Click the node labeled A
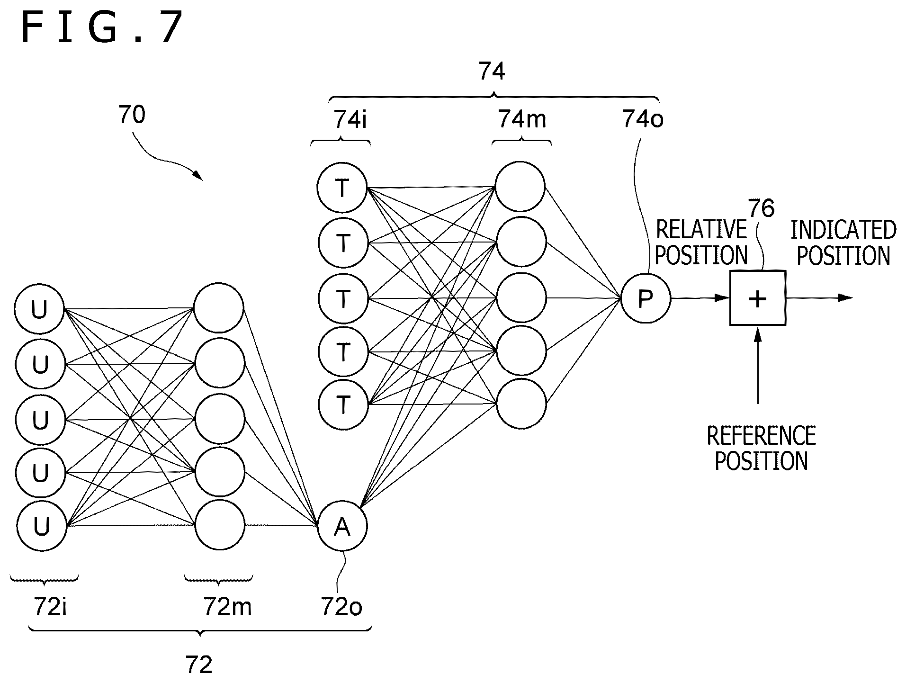click(x=342, y=526)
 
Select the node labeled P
click(x=646, y=298)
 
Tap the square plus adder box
click(x=758, y=298)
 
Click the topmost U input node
click(x=39, y=309)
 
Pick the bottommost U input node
click(x=41, y=526)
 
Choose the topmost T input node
click(x=342, y=188)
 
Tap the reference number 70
click(x=132, y=115)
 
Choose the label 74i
click(x=350, y=120)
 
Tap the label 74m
click(x=522, y=120)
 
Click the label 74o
click(x=643, y=120)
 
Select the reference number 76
click(x=761, y=208)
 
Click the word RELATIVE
click(x=701, y=230)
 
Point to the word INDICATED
click(x=843, y=230)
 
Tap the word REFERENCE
click(x=761, y=435)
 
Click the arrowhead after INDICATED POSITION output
click(x=845, y=298)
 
